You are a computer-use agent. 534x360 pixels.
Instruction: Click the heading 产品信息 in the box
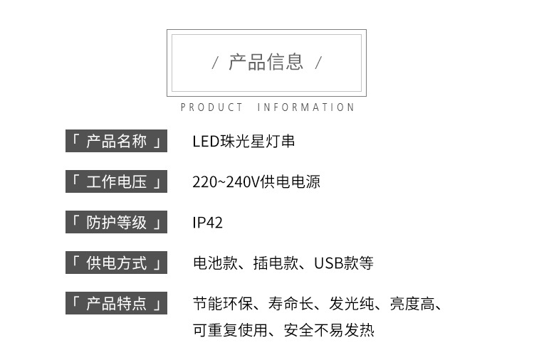[x=266, y=63]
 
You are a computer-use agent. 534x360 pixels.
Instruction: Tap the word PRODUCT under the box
[x=211, y=107]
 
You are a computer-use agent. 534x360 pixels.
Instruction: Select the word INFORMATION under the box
[x=305, y=107]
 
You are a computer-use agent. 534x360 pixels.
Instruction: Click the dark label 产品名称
[x=116, y=142]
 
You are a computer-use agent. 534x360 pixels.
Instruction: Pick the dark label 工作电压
[x=116, y=182]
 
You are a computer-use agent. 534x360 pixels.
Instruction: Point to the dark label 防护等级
[x=116, y=223]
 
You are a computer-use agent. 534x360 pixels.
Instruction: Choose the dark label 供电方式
[x=116, y=263]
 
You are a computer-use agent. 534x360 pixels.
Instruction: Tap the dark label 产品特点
[x=116, y=304]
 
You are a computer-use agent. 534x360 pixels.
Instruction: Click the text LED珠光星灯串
[x=244, y=142]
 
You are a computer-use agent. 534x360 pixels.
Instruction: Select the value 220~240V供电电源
[x=256, y=182]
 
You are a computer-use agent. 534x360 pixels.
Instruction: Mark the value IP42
[x=208, y=223]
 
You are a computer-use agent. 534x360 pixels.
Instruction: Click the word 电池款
[x=215, y=263]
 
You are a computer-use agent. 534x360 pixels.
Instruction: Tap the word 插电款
[x=276, y=263]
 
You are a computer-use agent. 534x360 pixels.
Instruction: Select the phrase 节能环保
[x=222, y=305]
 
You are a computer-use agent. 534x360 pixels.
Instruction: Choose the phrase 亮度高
[x=411, y=305]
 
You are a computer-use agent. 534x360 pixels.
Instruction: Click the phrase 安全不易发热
[x=328, y=330]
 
